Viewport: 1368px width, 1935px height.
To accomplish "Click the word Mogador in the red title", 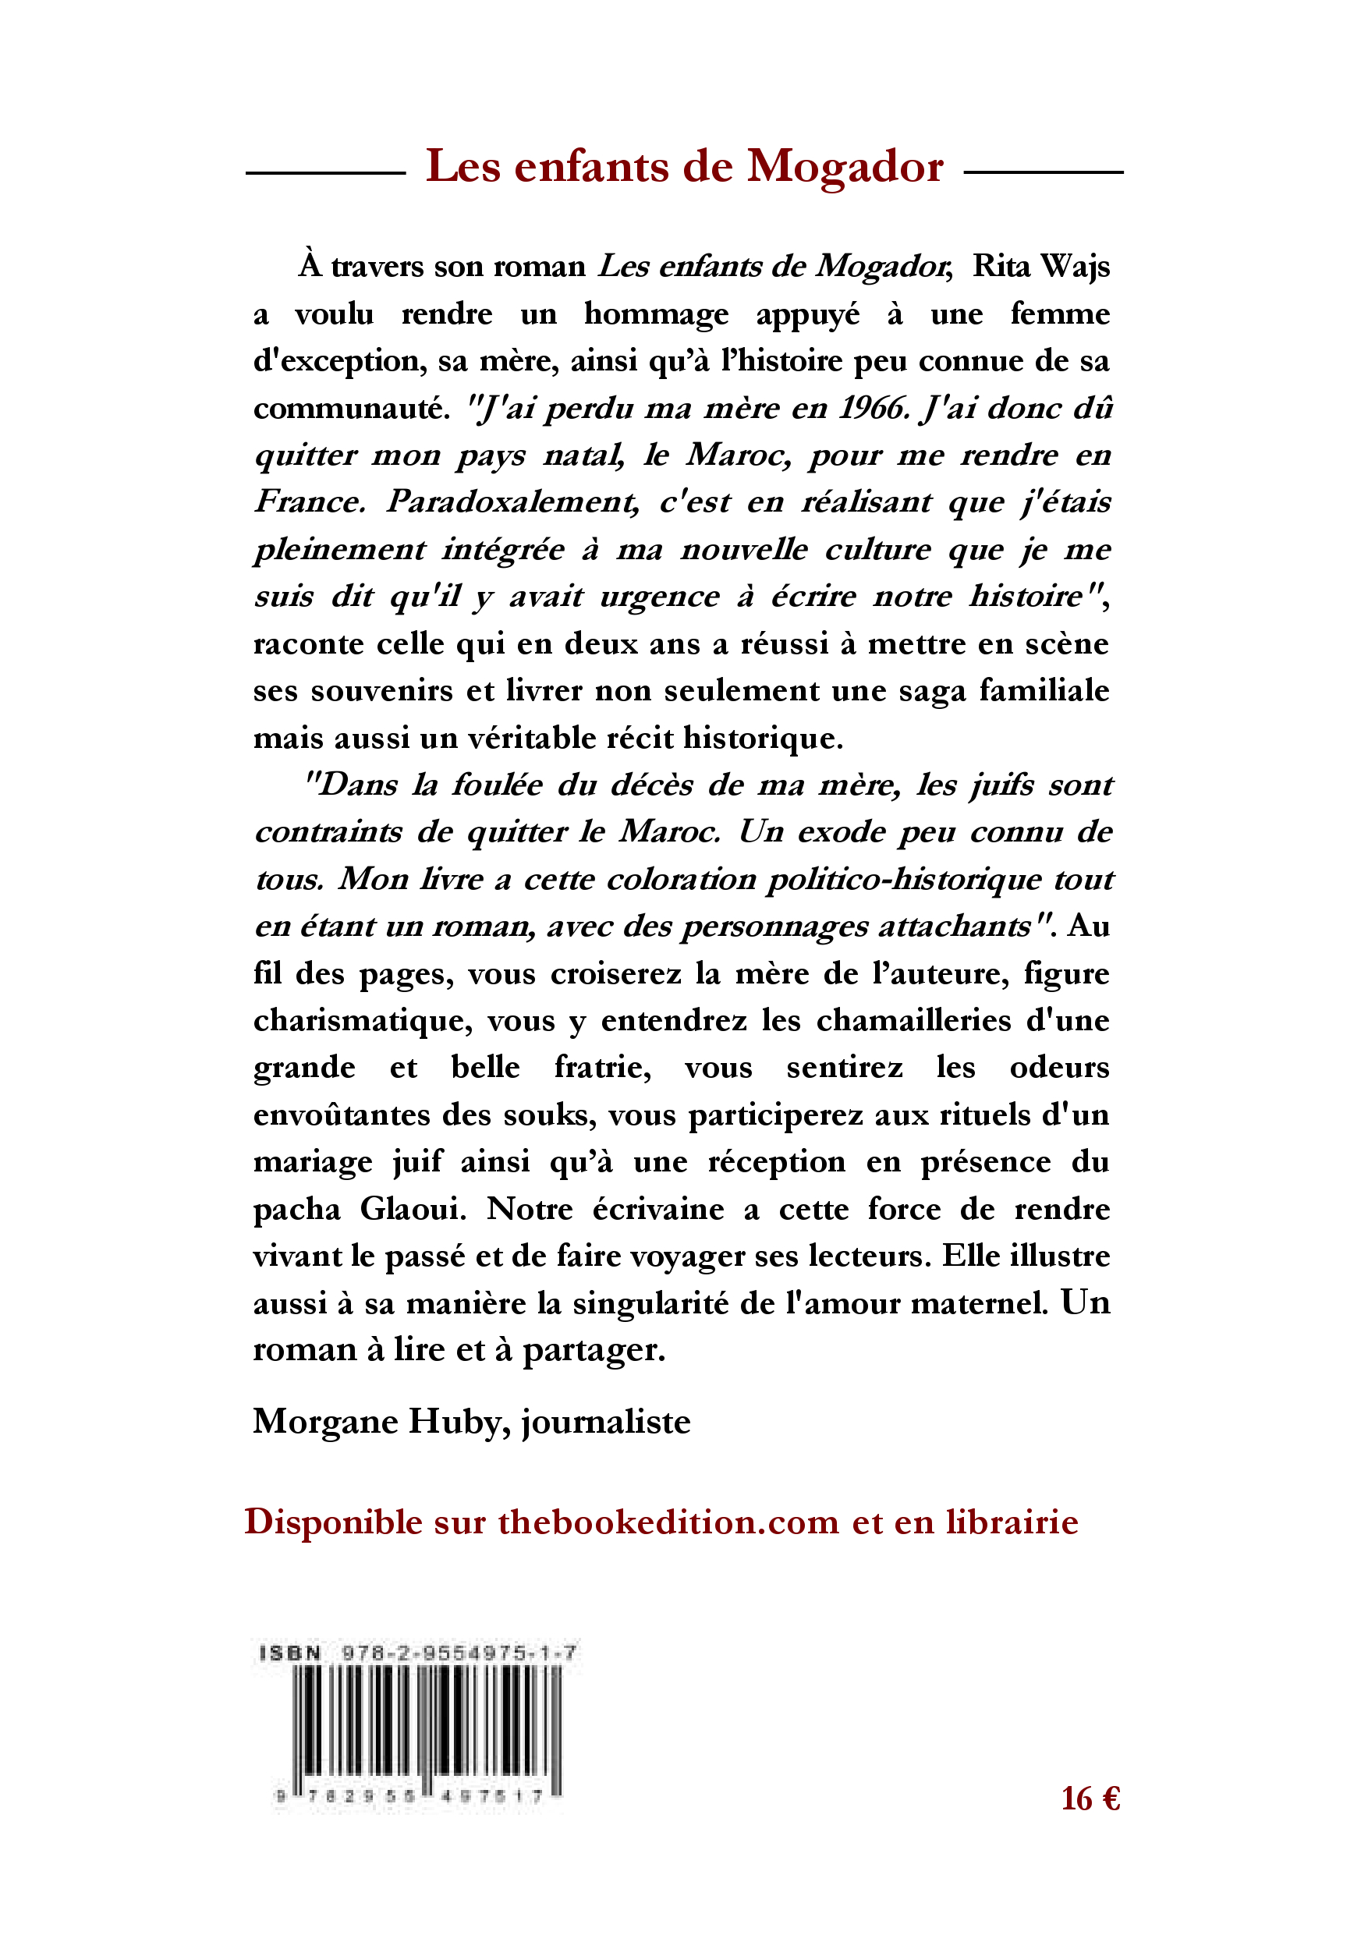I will point(845,167).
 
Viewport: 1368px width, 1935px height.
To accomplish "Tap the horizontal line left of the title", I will point(325,173).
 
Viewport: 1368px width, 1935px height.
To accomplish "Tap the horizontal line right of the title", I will point(1043,173).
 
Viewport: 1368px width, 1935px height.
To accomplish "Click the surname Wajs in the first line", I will point(1076,266).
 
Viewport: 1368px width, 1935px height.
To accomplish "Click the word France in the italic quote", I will point(309,502).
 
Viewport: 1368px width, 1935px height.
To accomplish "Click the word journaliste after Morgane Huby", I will point(606,1422).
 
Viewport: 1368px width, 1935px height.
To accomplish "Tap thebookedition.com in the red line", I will point(668,1523).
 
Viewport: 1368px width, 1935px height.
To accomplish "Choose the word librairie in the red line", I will point(1012,1523).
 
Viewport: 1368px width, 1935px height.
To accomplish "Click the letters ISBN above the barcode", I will point(290,1653).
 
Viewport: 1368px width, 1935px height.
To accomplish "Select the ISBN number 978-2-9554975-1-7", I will point(459,1653).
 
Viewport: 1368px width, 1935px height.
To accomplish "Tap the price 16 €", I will point(1090,1799).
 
